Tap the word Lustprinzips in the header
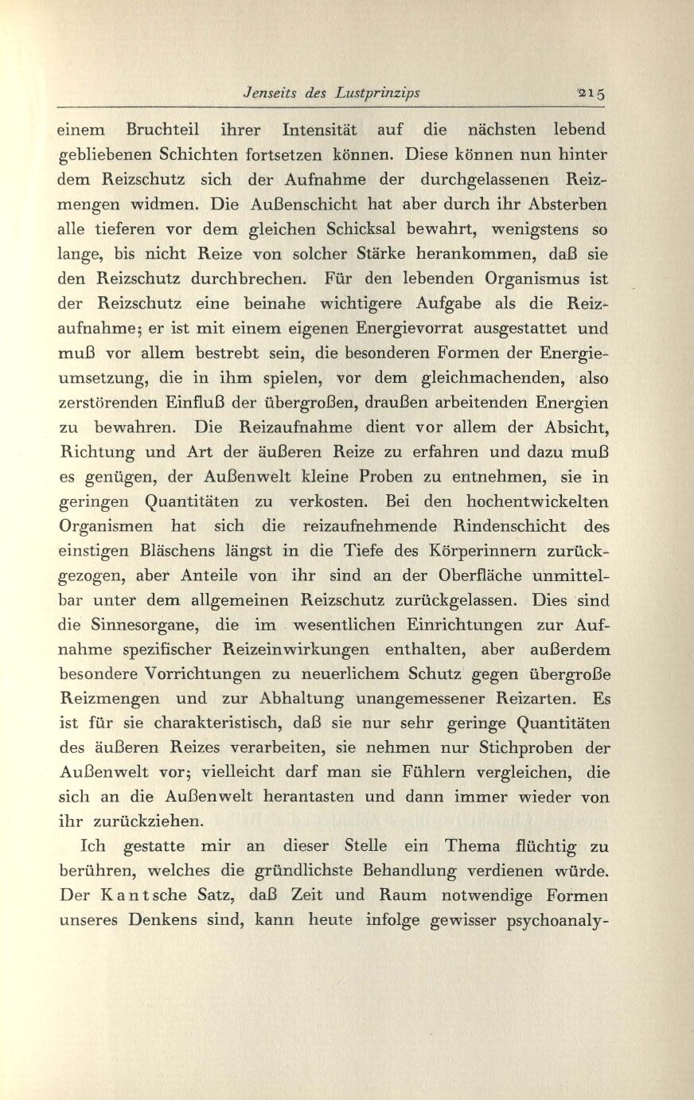click(377, 93)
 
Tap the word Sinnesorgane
click(142, 626)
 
